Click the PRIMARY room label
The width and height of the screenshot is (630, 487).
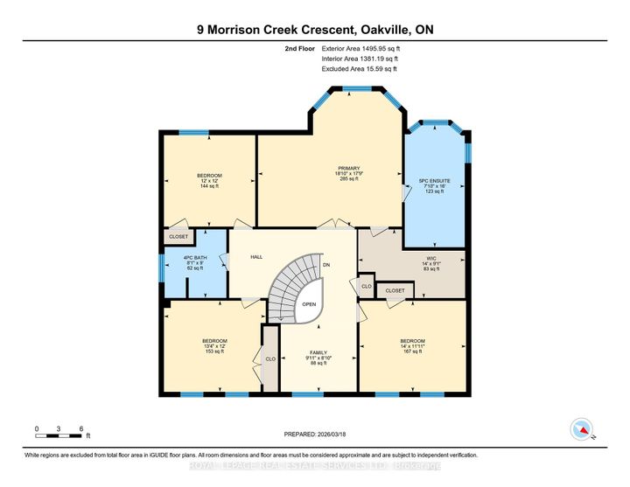tap(349, 167)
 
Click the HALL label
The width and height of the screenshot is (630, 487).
tap(256, 257)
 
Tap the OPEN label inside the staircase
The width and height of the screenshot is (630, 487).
tap(310, 304)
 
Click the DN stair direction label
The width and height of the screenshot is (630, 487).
tap(326, 263)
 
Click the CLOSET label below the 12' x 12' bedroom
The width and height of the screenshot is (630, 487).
tap(178, 237)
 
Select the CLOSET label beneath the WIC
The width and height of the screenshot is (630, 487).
tap(395, 290)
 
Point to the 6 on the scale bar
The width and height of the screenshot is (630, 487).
tap(81, 428)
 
